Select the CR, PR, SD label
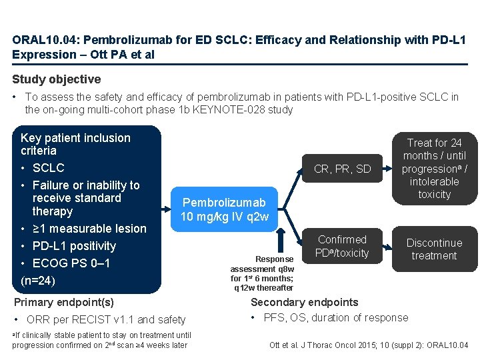click(343, 169)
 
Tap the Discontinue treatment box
click(434, 249)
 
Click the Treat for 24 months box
click(434, 168)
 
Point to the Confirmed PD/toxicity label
click(343, 246)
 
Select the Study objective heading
click(57, 79)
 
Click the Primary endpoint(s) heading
click(64, 302)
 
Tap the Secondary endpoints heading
click(305, 302)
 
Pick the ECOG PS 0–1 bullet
click(71, 263)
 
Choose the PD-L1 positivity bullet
click(74, 246)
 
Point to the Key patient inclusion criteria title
click(75, 144)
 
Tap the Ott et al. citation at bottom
click(369, 345)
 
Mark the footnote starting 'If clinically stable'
click(101, 340)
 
